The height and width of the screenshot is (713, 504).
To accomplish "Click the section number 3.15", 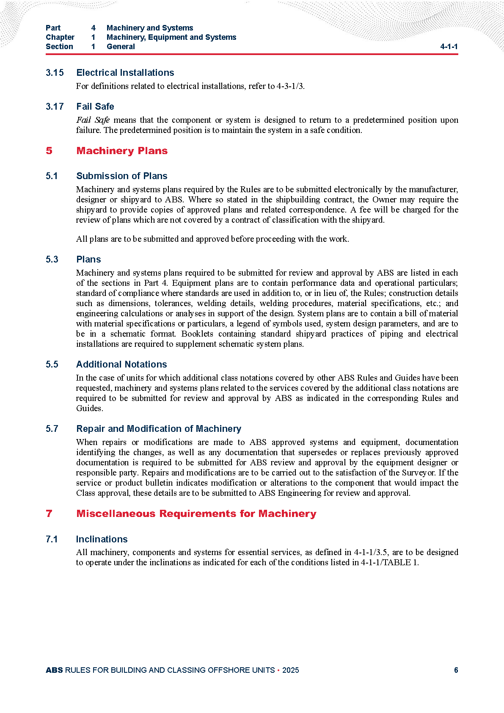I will pyautogui.click(x=55, y=73).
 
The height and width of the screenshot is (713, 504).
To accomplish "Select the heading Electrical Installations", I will pyautogui.click(x=125, y=73).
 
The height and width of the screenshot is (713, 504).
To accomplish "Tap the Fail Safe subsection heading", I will pyautogui.click(x=95, y=107).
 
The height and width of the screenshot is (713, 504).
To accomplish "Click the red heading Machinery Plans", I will pyautogui.click(x=122, y=151).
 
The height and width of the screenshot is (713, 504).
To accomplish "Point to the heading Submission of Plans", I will pyautogui.click(x=121, y=176).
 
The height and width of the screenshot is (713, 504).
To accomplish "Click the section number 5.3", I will pyautogui.click(x=52, y=260).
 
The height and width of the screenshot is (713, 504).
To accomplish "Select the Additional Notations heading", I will pyautogui.click(x=121, y=365).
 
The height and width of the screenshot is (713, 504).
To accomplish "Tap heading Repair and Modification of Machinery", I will pyautogui.click(x=159, y=429).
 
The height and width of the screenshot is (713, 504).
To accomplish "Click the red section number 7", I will pyautogui.click(x=49, y=514).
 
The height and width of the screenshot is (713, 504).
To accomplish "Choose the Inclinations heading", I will pyautogui.click(x=102, y=539).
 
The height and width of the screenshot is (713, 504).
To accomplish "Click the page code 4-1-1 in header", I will pyautogui.click(x=449, y=47).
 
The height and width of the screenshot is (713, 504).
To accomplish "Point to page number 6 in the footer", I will pyautogui.click(x=456, y=670).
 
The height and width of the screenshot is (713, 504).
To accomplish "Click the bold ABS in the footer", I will pyautogui.click(x=54, y=670).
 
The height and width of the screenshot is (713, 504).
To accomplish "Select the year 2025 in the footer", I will pyautogui.click(x=290, y=670).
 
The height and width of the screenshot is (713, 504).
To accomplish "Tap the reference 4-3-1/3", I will pyautogui.click(x=290, y=86).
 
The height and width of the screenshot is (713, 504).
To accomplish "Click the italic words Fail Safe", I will pyautogui.click(x=93, y=120).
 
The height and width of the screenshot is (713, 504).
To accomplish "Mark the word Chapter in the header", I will pyautogui.click(x=60, y=37).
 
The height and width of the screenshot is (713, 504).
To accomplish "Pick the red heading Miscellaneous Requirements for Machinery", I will pyautogui.click(x=196, y=514).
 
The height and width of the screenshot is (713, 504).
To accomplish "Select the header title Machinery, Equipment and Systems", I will pyautogui.click(x=171, y=37).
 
